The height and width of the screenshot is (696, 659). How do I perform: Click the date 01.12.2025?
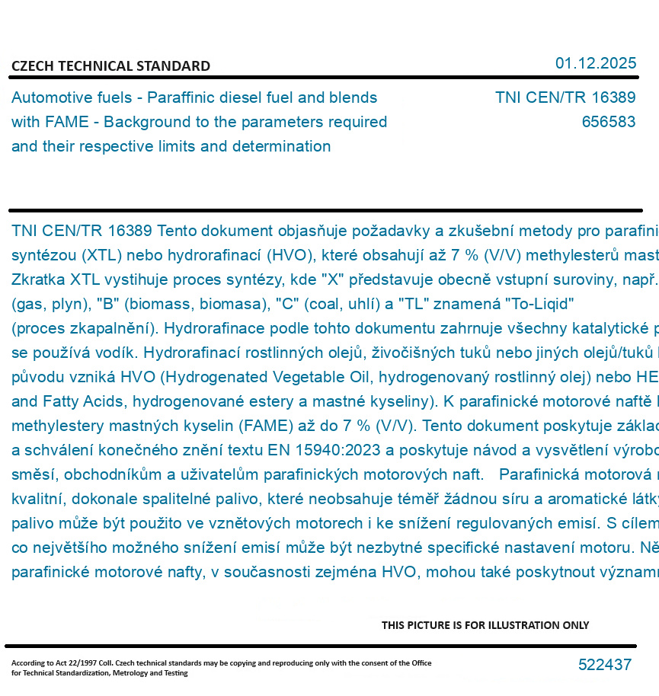[596, 63]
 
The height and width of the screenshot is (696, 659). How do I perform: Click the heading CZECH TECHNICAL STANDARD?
[110, 66]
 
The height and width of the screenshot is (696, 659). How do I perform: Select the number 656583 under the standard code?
[608, 122]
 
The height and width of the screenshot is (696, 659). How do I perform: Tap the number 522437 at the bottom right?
[605, 665]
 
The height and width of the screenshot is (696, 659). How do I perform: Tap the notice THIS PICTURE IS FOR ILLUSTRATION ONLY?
[485, 625]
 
